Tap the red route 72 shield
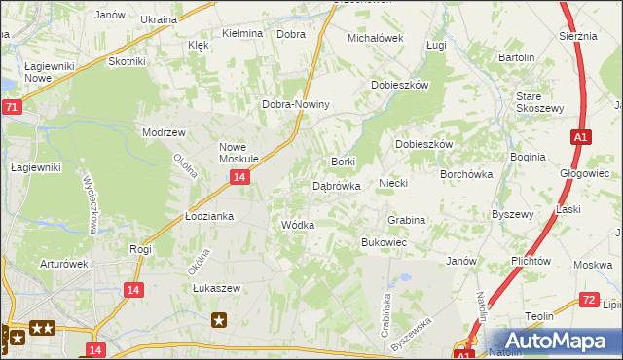[587, 301]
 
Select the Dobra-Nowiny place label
[297, 105]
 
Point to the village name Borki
[344, 162]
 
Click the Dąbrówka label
[337, 185]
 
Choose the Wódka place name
[297, 225]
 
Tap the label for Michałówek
[376, 38]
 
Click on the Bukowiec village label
[384, 241]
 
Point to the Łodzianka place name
[209, 216]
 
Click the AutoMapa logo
[551, 342]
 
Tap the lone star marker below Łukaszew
[220, 319]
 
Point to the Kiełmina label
[242, 33]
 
